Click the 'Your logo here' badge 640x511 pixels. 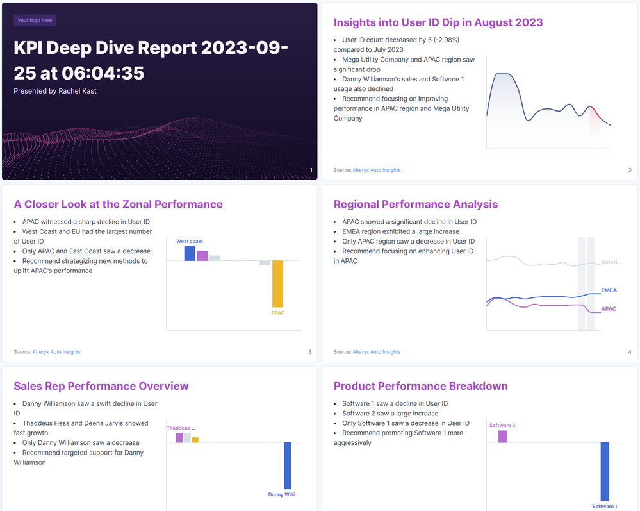[x=35, y=21]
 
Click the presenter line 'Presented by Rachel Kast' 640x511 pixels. [x=55, y=91]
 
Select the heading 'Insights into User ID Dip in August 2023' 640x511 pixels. [x=438, y=22]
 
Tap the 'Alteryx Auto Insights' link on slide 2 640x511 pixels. [x=376, y=170]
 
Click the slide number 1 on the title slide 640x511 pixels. [x=311, y=170]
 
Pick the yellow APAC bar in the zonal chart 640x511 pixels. [x=277, y=283]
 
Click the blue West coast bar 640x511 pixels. [x=190, y=253]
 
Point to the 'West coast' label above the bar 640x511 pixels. [x=190, y=242]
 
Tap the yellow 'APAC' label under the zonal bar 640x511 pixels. [x=277, y=313]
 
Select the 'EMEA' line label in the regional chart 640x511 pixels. [x=609, y=290]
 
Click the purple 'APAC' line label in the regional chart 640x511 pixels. [x=609, y=309]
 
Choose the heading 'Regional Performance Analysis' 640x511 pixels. [x=416, y=205]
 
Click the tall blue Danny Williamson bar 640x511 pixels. [x=288, y=465]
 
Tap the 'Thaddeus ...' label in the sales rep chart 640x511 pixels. [x=181, y=428]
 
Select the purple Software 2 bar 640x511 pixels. [x=502, y=436]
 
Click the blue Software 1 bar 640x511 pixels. [x=604, y=471]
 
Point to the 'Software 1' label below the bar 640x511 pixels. [x=604, y=507]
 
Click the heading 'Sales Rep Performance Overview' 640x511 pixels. [x=101, y=386]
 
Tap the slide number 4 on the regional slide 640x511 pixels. [x=630, y=352]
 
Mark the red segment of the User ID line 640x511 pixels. [x=596, y=112]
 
